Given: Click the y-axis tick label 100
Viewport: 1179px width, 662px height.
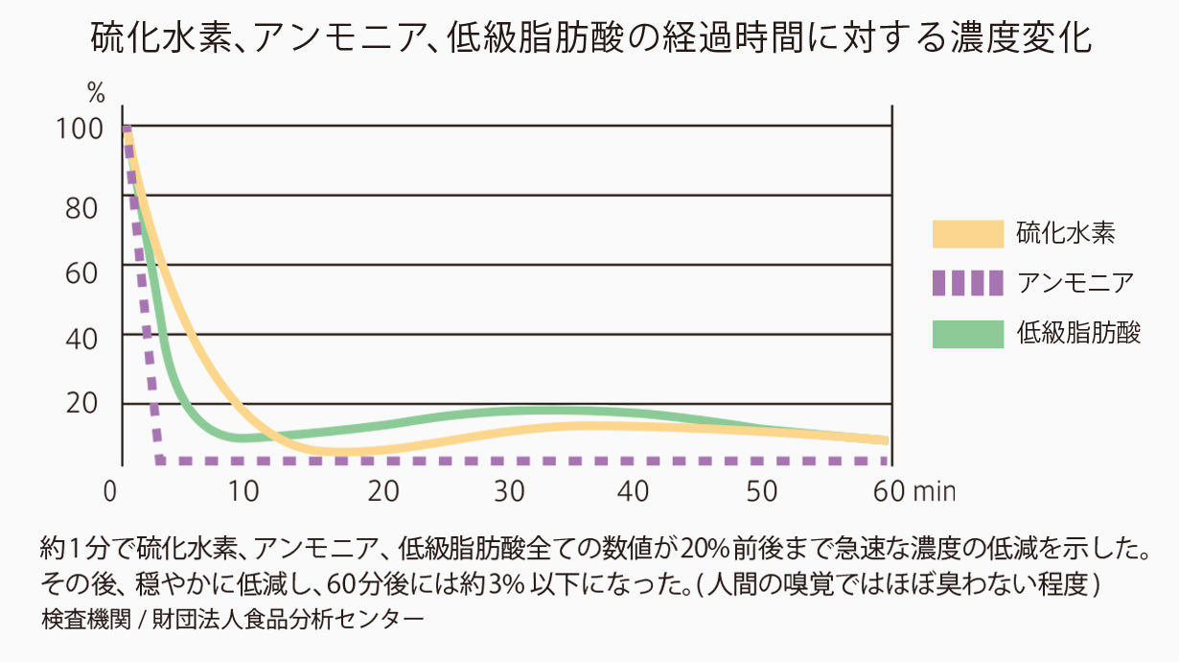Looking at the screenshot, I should (80, 129).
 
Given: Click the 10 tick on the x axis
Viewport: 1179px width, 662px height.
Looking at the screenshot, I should (243, 491).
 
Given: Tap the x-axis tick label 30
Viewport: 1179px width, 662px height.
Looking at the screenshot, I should (509, 491).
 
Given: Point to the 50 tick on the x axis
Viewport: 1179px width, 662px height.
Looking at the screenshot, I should (761, 491).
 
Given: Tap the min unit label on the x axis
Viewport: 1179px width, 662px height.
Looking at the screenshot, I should (934, 491).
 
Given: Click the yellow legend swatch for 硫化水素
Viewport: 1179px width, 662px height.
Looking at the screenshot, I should (967, 233).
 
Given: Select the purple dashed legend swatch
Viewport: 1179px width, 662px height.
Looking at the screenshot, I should (967, 283).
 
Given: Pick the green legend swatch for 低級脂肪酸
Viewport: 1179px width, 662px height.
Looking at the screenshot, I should (967, 333).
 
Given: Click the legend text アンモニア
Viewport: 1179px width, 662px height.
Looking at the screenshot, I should (1075, 283).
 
